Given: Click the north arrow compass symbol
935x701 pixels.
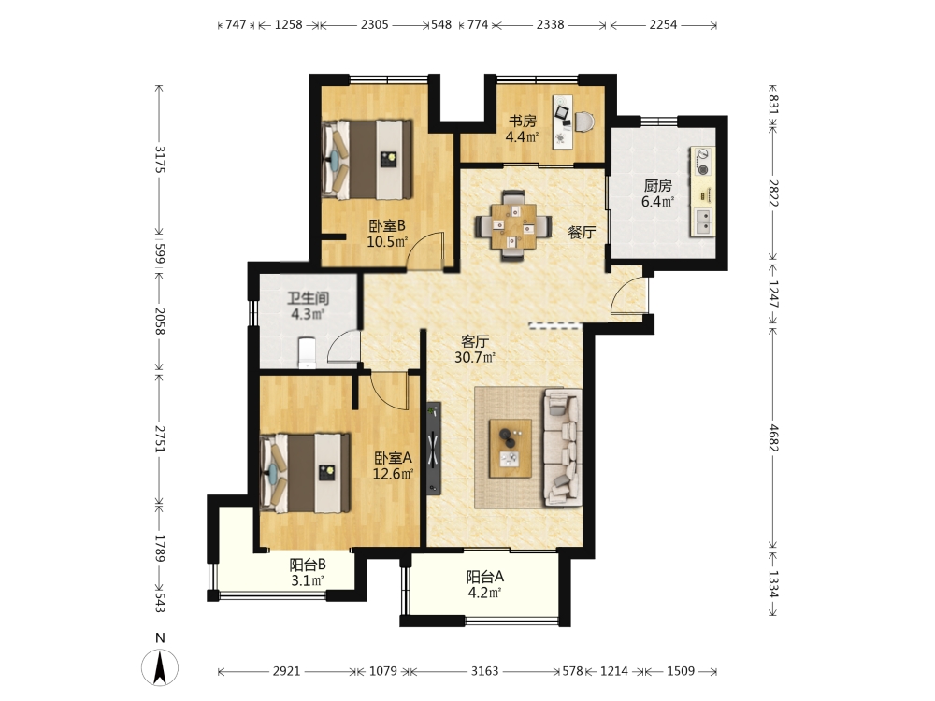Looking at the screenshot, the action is pos(160,666).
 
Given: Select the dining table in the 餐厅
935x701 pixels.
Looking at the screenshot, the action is pos(512,226).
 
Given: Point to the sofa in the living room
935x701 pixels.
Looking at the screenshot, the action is pos(562,448).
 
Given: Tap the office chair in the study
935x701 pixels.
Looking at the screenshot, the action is pos(584,122).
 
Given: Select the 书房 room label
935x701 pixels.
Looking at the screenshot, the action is pos(523,121).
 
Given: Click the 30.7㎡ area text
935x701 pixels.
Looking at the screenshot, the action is pos(475,358).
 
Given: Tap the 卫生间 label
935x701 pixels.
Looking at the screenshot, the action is pos(309,297).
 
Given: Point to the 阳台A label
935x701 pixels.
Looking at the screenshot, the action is pos(485,577).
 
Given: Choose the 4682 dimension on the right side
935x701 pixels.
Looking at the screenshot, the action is pos(773,437).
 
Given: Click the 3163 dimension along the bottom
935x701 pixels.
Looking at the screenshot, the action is pos(484,671).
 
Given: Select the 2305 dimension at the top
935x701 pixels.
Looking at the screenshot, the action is pos(375,24).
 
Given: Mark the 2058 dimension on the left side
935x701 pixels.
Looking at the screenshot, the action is pos(159,321).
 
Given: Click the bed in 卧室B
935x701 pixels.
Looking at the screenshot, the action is pos(367,159).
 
